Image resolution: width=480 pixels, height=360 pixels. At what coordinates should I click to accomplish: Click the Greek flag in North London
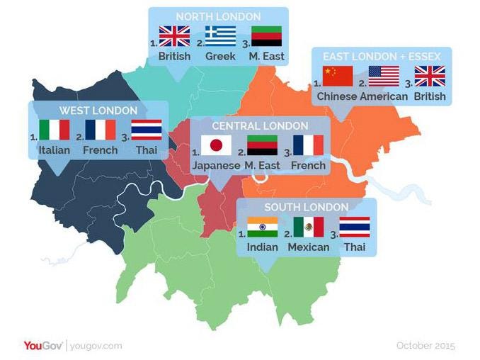(x=220, y=36)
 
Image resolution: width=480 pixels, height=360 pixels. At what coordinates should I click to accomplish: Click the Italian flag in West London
(x=55, y=130)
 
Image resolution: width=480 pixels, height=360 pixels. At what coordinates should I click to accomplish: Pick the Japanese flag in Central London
(x=216, y=145)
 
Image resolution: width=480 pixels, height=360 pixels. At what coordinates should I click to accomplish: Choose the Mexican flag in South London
(x=309, y=227)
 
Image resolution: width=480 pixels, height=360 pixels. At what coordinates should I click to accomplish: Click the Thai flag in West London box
(x=147, y=130)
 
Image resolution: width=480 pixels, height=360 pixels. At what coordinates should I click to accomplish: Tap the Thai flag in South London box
(x=355, y=227)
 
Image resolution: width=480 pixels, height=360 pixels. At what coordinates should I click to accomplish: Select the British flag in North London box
(x=174, y=36)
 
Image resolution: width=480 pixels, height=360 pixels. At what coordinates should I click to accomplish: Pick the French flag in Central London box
(x=308, y=145)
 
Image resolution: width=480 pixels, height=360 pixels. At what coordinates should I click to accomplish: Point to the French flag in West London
(x=100, y=130)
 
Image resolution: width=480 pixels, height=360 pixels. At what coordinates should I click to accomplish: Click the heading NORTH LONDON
(x=218, y=16)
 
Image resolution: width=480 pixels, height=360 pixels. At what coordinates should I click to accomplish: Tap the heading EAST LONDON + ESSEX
(x=381, y=56)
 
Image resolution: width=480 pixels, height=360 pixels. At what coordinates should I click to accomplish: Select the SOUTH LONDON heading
(x=307, y=207)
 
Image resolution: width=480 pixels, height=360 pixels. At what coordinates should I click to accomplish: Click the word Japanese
(x=216, y=165)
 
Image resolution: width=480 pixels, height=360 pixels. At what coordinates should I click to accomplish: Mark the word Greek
(x=220, y=55)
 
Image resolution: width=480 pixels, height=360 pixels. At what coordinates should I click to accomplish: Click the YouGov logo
(x=44, y=345)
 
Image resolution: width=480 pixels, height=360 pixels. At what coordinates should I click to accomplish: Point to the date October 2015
(x=425, y=345)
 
